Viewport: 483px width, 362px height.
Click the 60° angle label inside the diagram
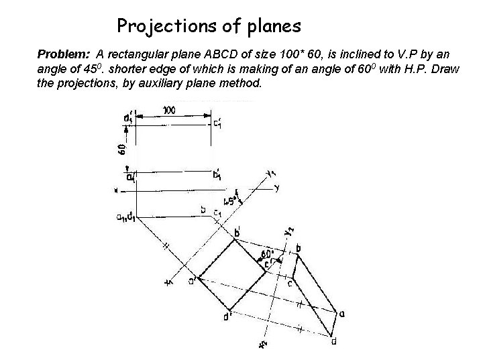(x=267, y=255)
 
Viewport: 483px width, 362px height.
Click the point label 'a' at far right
(x=342, y=313)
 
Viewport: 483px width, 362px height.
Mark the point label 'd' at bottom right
(x=333, y=342)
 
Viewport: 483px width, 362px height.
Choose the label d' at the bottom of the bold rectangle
(x=228, y=316)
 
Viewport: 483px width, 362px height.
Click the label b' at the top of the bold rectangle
(x=236, y=233)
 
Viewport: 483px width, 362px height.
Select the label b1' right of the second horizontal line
(x=217, y=176)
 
